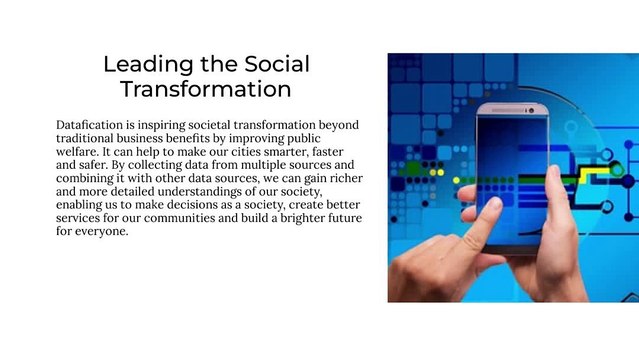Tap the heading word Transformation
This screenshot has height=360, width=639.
coord(206,89)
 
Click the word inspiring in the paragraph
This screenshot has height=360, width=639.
coord(182,124)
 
